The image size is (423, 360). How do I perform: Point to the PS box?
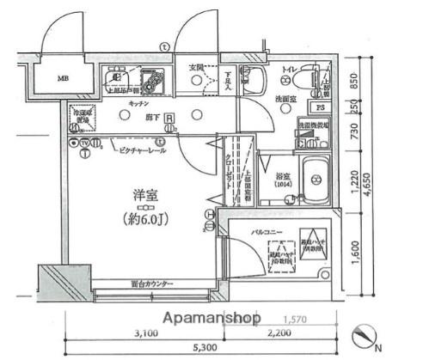point(320,108)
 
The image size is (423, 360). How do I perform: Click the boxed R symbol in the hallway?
point(169,119)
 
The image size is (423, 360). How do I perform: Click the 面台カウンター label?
point(152,284)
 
